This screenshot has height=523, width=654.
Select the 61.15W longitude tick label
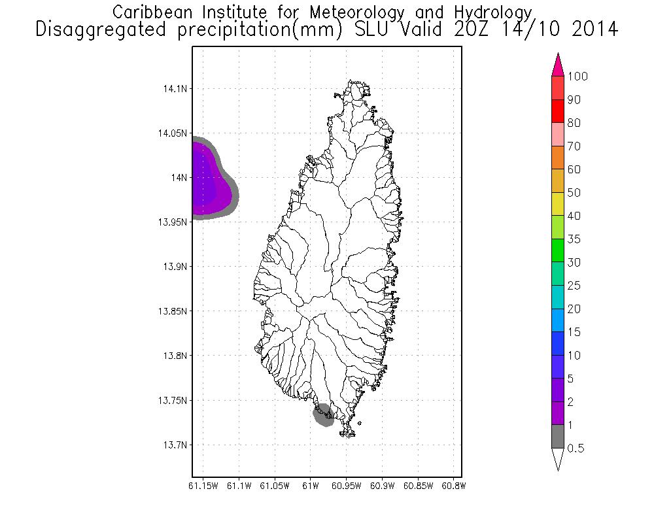tap(203, 486)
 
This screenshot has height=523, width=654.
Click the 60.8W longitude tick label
tap(453, 486)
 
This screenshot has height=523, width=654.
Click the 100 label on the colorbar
tap(577, 76)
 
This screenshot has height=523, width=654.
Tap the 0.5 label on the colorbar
tap(576, 448)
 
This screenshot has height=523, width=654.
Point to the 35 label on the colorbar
tap(574, 239)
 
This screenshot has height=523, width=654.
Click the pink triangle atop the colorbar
tap(558, 66)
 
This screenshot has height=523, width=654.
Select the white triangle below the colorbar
tap(558, 458)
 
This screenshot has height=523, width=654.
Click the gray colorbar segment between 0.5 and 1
tap(558, 437)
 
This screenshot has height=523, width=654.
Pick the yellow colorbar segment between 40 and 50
tap(558, 204)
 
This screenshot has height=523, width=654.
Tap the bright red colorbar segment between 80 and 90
tap(558, 111)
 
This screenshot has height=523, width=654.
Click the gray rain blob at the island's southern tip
tap(323, 416)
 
